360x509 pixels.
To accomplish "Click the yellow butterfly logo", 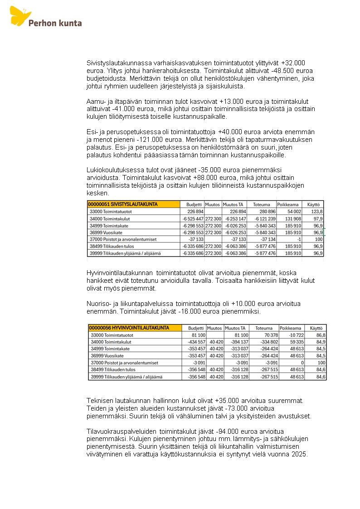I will pyautogui.click(x=20, y=16).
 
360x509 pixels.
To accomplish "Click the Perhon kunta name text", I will pyautogui.click(x=55, y=23).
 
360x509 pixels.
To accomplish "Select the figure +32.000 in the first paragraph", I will pyautogui.click(x=293, y=63).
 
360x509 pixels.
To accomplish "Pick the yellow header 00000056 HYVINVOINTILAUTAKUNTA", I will pyautogui.click(x=129, y=328).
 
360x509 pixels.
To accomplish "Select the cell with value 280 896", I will pyautogui.click(x=265, y=212).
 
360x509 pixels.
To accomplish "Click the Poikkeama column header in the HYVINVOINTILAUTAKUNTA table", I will pyautogui.click(x=290, y=328).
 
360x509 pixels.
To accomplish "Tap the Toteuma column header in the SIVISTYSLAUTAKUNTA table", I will pyautogui.click(x=261, y=204).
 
